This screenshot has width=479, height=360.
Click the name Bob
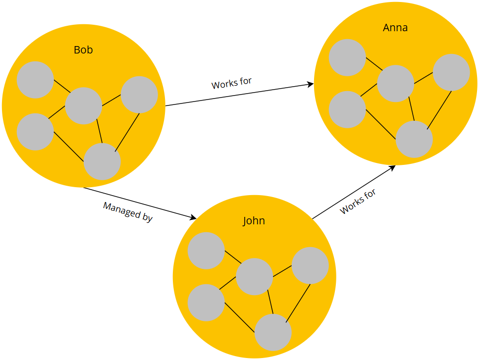(x=83, y=50)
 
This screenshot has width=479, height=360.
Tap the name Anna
(x=395, y=28)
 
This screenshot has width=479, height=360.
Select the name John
(x=254, y=221)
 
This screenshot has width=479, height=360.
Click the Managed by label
(x=128, y=212)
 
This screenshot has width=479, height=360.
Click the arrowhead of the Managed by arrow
(x=194, y=218)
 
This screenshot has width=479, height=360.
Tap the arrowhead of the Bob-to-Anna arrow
(x=311, y=85)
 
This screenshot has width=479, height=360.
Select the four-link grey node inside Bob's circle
(x=84, y=105)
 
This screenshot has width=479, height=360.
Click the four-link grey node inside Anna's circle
(x=395, y=83)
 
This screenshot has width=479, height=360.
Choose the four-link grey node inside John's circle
(x=254, y=276)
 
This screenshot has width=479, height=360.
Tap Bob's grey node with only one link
(x=35, y=80)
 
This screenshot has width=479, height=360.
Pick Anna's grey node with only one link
(x=347, y=57)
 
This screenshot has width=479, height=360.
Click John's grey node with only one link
(x=206, y=251)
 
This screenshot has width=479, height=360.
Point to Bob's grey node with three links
(x=102, y=161)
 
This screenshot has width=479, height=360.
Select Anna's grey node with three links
(x=414, y=139)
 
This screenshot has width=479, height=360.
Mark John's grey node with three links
(x=273, y=332)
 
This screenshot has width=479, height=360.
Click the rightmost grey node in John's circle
(x=310, y=265)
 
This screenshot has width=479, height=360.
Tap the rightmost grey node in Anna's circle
(x=451, y=72)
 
